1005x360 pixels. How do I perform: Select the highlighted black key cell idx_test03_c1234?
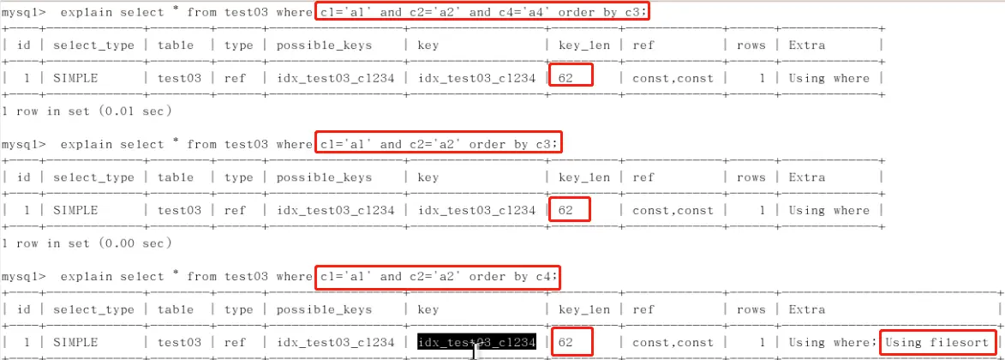(x=477, y=342)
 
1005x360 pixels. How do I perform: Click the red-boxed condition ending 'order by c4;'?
(x=438, y=277)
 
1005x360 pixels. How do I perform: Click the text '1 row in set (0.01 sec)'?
(x=87, y=111)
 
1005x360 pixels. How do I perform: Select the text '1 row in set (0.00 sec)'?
(x=87, y=243)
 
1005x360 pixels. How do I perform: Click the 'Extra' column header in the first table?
(x=807, y=45)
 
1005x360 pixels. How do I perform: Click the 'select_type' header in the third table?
(x=93, y=310)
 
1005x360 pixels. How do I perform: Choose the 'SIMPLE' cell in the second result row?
(x=75, y=210)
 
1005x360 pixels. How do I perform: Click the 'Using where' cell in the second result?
(x=829, y=210)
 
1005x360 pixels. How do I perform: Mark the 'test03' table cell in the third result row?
(x=179, y=343)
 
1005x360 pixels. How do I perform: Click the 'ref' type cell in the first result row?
(x=235, y=78)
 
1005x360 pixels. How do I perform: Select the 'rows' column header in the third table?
(x=751, y=310)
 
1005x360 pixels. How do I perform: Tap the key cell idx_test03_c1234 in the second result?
(x=477, y=210)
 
